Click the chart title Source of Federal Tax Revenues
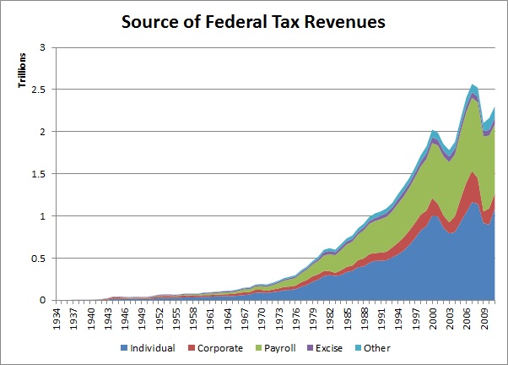point(253,21)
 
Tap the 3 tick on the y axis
point(38,48)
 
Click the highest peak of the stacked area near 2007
point(473,84)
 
